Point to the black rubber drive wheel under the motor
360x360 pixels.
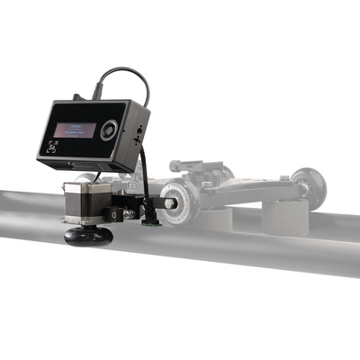[x=88, y=236]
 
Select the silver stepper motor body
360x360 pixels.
[x=82, y=202]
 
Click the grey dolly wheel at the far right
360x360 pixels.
[x=310, y=184]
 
